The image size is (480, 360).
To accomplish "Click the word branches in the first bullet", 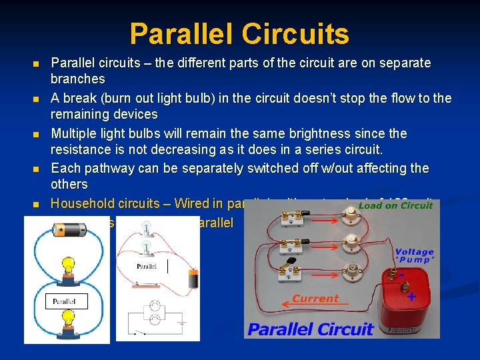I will pos(78,79).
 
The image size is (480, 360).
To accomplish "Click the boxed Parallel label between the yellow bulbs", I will pos(65,301).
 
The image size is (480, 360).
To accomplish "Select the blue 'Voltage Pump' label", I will pos(414,257).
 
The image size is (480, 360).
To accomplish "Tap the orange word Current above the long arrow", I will pos(315,299).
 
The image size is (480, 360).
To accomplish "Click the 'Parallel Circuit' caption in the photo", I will pos(310,329).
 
